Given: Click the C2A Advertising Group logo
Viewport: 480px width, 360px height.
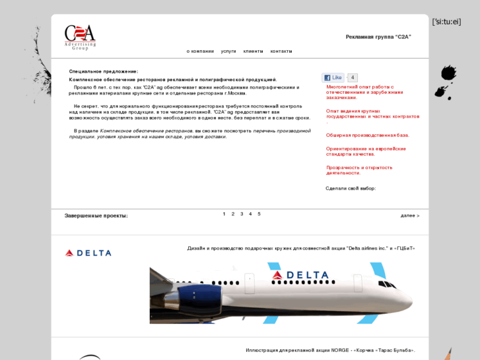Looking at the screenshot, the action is click(x=80, y=36).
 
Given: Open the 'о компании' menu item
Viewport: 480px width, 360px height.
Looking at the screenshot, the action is click(x=200, y=51).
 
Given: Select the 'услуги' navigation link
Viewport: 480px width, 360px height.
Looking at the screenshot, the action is click(x=228, y=51).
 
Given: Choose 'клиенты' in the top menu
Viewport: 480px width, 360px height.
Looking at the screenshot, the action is click(x=253, y=51).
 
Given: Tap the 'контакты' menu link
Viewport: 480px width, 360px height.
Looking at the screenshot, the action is click(x=281, y=51).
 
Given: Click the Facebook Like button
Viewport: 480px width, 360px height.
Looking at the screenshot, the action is click(x=333, y=78).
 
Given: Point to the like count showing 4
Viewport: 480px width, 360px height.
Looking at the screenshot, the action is click(x=353, y=78).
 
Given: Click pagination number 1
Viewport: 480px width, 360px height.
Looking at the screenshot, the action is click(x=224, y=214).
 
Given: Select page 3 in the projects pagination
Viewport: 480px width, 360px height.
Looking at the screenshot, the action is click(x=242, y=214).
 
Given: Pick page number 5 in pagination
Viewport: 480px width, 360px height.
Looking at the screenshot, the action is click(x=259, y=214).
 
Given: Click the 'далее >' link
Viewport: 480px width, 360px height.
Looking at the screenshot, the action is click(x=409, y=215).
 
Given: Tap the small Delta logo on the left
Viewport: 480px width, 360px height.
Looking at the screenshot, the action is click(x=88, y=253).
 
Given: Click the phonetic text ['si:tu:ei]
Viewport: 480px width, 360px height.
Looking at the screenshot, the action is click(x=446, y=22).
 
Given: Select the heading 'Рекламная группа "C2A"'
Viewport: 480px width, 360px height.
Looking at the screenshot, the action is click(x=378, y=37).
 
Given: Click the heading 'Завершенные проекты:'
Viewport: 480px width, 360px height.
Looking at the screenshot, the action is click(x=96, y=216).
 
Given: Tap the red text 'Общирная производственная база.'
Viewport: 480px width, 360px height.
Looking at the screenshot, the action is click(x=367, y=135).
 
